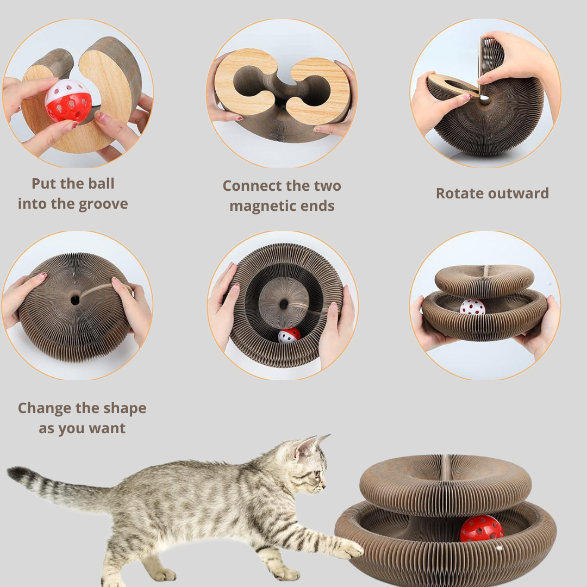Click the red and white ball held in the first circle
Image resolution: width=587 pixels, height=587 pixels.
(68, 101)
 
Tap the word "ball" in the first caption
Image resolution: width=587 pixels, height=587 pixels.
(101, 184)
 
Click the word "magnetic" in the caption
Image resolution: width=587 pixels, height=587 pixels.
(261, 207)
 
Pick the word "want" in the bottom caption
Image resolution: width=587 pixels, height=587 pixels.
(107, 428)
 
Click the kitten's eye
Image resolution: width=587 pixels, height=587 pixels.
(316, 473)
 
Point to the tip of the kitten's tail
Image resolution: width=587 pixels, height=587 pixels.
(12, 472)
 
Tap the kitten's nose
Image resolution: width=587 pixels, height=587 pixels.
(324, 486)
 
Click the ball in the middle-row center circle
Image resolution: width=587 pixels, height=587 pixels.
(289, 335)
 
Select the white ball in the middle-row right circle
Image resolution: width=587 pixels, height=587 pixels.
(472, 307)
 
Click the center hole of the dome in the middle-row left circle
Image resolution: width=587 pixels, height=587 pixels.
(75, 300)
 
